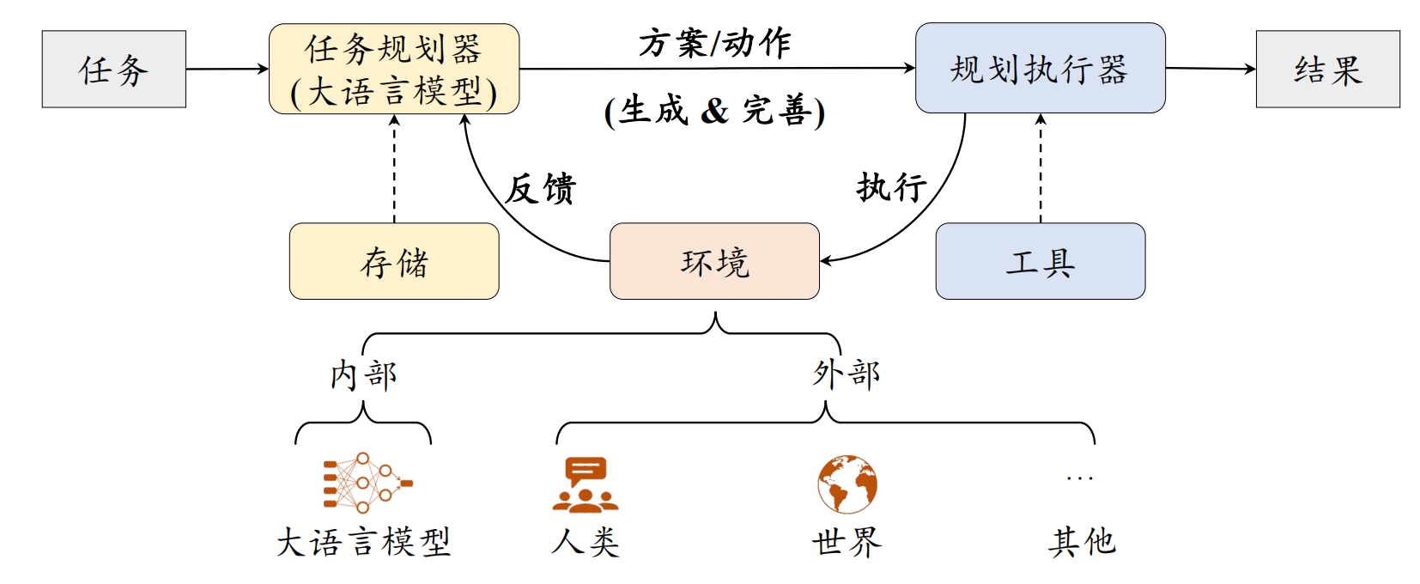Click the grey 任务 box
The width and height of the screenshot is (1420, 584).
113,70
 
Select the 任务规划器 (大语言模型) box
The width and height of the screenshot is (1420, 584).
393,70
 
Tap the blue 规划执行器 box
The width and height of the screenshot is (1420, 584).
1040,69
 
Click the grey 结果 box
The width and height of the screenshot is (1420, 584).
1327,70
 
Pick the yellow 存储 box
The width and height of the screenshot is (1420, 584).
394,262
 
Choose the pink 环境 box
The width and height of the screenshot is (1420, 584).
714,262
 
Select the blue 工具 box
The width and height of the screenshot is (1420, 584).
1040,262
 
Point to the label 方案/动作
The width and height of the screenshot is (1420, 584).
714,43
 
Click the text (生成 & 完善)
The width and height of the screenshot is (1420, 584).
714,111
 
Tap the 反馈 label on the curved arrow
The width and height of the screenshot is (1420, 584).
540,189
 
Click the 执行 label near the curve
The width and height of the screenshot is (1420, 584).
891,186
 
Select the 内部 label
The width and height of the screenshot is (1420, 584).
363,375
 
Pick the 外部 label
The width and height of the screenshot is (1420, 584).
847,374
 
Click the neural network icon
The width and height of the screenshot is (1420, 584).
367,483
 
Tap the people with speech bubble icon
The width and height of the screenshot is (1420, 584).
585,484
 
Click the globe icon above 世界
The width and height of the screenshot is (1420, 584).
847,484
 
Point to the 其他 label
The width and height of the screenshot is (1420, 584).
1081,542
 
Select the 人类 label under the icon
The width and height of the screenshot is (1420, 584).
585,542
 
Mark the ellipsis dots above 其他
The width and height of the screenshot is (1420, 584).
1079,478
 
